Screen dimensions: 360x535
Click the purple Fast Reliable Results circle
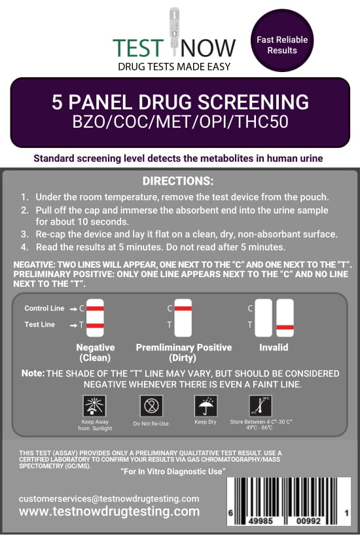(x=282, y=40)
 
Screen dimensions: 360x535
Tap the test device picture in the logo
(x=174, y=31)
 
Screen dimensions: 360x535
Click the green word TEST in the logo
(x=138, y=48)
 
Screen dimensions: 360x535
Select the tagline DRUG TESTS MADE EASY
(x=174, y=67)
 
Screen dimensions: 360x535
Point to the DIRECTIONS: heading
(x=178, y=181)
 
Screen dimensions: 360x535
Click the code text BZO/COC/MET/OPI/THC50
(x=181, y=122)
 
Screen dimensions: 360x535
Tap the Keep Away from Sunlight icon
(x=94, y=406)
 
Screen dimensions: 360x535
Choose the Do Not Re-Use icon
(x=151, y=406)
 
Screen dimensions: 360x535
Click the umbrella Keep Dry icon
(x=206, y=406)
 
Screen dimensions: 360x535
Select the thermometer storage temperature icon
(x=261, y=406)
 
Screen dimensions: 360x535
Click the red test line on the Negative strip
(x=95, y=325)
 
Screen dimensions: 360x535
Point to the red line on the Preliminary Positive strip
(x=183, y=308)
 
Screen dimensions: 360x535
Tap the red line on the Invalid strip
(x=285, y=327)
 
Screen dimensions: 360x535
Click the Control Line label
(x=45, y=308)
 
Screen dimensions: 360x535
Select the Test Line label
(x=39, y=325)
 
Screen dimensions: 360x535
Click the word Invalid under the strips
(x=274, y=347)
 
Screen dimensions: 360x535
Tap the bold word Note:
(x=33, y=373)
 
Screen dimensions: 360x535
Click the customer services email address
(x=109, y=499)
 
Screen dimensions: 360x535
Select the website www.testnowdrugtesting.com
(x=109, y=511)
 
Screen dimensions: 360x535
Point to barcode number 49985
(x=261, y=521)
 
